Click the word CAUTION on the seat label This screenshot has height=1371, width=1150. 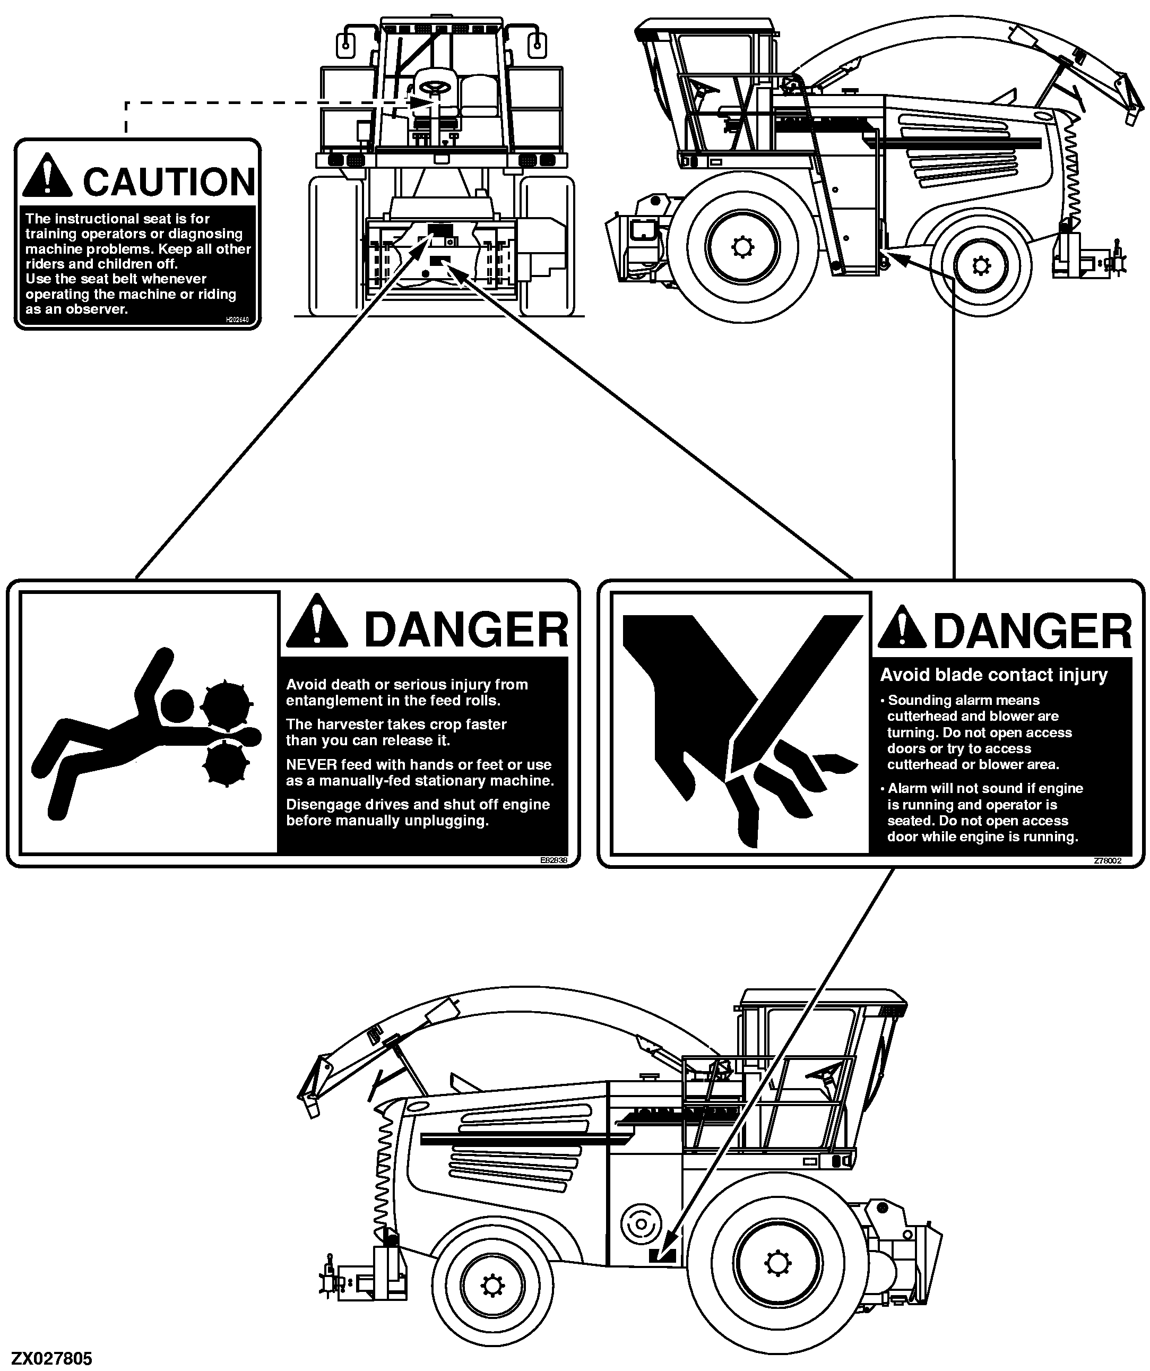(x=169, y=182)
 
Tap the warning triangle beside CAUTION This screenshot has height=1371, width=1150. (x=47, y=176)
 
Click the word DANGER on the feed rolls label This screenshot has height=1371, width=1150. (x=466, y=630)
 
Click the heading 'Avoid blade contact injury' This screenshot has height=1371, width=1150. (x=993, y=675)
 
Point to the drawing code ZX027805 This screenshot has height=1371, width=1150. (x=52, y=1359)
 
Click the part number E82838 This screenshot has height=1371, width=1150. (x=554, y=860)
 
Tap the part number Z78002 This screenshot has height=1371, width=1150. (x=1108, y=860)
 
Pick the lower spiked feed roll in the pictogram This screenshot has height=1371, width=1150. (x=227, y=764)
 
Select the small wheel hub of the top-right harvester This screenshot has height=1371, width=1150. (x=980, y=266)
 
